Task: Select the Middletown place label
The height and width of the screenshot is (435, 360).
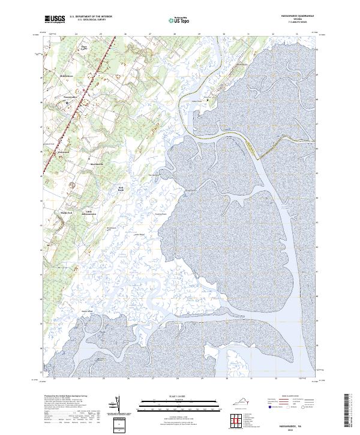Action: point(67,77)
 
